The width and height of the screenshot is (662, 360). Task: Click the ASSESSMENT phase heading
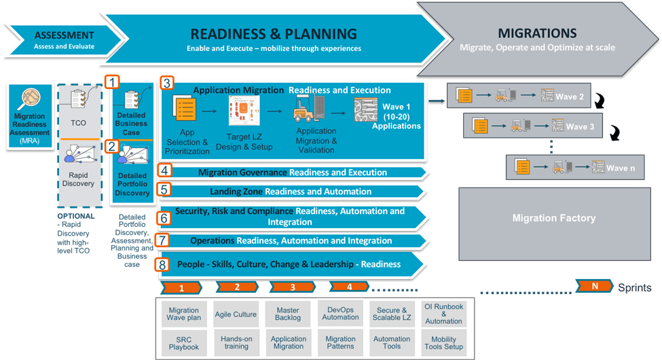tap(64, 35)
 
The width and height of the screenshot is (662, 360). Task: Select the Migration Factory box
tap(553, 218)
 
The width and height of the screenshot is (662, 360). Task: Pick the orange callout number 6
tap(164, 217)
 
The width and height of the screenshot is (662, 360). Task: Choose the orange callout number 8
tap(162, 264)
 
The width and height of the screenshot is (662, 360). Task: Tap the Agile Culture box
tap(236, 314)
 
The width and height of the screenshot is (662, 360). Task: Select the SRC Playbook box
tap(184, 343)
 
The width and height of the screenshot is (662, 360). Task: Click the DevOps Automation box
tap(340, 313)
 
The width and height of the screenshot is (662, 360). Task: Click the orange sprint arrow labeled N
tap(594, 287)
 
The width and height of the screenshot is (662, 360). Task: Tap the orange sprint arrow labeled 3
tap(293, 287)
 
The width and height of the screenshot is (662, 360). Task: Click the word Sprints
tap(634, 287)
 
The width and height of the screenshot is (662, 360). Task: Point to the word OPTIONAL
tap(76, 217)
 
